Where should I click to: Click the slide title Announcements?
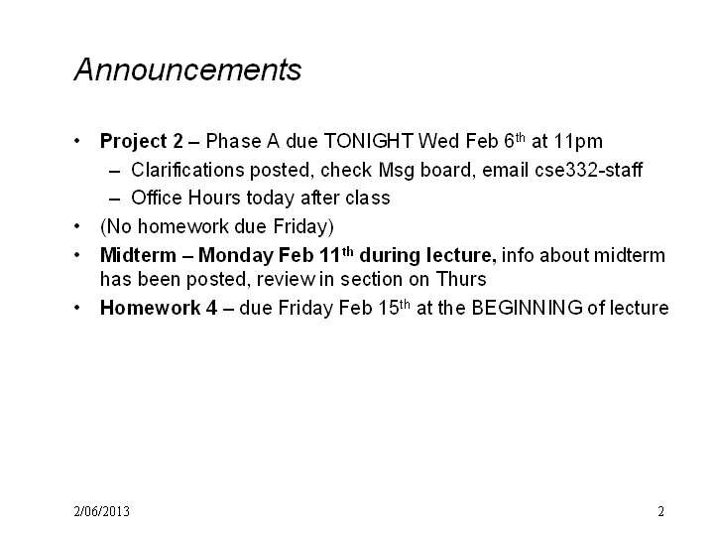pyautogui.click(x=187, y=69)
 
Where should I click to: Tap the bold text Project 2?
pyautogui.click(x=142, y=142)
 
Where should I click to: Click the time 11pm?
pyautogui.click(x=578, y=142)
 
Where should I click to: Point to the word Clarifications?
pyautogui.click(x=187, y=170)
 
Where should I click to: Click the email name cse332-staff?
pyautogui.click(x=588, y=170)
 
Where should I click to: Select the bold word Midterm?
pyautogui.click(x=138, y=255)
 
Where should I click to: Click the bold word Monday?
pyautogui.click(x=235, y=256)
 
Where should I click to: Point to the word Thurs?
pyautogui.click(x=461, y=279)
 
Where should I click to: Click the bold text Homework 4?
pyautogui.click(x=159, y=308)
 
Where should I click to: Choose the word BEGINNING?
pyautogui.click(x=527, y=308)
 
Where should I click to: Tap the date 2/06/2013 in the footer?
pyautogui.click(x=101, y=511)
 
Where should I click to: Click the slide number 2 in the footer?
pyautogui.click(x=660, y=511)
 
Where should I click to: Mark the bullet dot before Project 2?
pyautogui.click(x=77, y=141)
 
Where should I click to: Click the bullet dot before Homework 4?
pyautogui.click(x=77, y=308)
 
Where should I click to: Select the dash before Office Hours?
pyautogui.click(x=115, y=200)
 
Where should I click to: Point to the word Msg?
pyautogui.click(x=396, y=171)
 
